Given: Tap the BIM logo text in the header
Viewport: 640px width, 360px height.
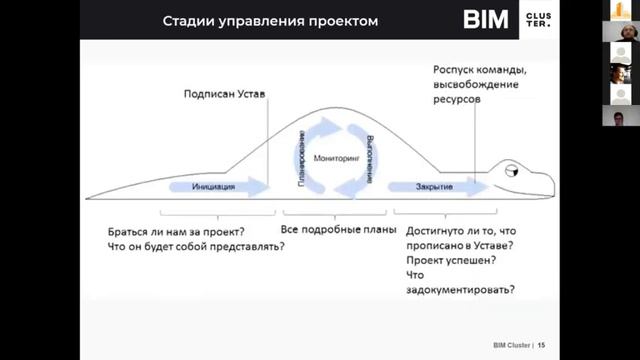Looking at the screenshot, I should tap(486, 20).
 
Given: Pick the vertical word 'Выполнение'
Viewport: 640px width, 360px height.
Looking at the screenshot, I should tap(369, 158).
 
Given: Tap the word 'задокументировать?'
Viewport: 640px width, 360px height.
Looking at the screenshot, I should tap(461, 290).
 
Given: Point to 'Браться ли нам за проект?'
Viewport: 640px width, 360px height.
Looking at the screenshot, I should tap(176, 230).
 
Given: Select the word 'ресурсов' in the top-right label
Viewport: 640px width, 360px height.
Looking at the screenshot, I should tap(457, 102).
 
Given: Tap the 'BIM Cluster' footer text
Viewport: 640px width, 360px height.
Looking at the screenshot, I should tap(511, 343).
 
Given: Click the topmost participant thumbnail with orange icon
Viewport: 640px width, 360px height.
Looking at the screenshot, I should tap(620, 10).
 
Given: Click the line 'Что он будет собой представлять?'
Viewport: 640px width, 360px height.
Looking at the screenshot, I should tap(195, 246).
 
